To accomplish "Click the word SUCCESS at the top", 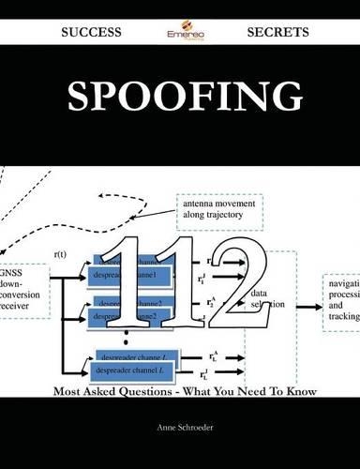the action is point(91,31).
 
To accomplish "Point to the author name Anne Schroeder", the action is point(180,425).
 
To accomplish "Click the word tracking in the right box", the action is point(344,316).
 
